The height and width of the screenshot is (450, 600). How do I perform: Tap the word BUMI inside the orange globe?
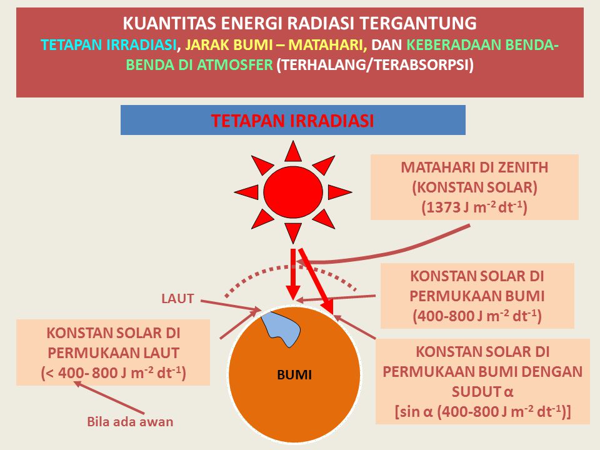point(294,376)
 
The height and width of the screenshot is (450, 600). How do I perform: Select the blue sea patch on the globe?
point(281,328)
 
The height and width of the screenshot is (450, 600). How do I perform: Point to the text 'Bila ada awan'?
point(129,422)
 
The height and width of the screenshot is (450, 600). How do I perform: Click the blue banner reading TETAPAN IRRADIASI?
point(292,120)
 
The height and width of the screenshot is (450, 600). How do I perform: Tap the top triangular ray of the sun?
point(292,152)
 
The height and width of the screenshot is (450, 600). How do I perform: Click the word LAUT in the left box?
point(163,351)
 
